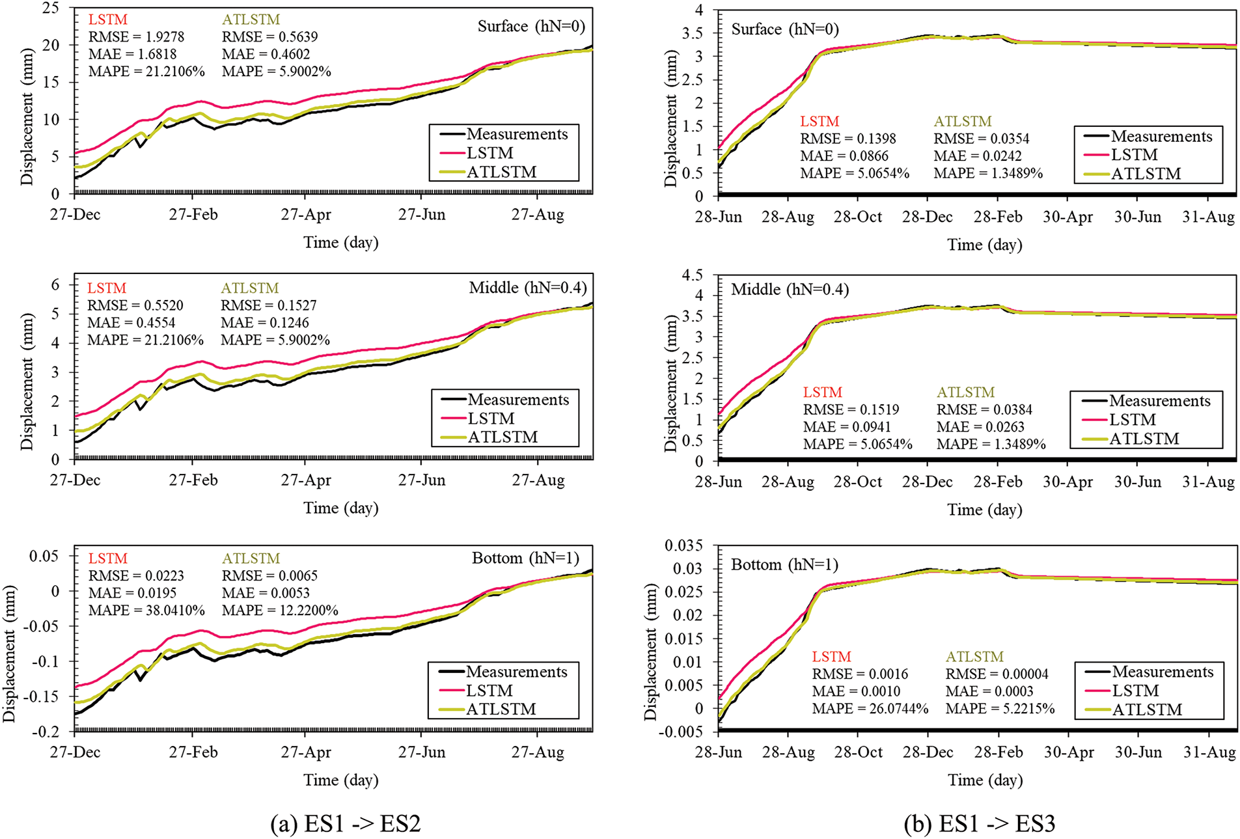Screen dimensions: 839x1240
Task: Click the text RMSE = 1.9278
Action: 136,37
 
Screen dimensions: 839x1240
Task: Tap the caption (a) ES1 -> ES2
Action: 346,823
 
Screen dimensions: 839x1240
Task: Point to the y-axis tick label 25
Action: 51,8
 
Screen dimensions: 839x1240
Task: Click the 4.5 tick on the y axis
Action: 692,275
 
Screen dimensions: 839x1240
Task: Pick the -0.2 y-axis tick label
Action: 46,732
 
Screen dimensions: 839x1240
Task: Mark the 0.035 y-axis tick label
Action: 684,545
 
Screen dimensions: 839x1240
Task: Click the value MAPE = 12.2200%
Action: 280,611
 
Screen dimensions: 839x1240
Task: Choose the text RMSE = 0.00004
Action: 997,674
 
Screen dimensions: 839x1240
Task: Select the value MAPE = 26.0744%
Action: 870,709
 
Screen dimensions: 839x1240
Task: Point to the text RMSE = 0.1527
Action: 265,305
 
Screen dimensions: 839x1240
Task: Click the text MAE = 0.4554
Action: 131,323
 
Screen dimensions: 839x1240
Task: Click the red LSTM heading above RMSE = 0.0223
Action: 108,558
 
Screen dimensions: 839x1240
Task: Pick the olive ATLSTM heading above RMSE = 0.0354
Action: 963,122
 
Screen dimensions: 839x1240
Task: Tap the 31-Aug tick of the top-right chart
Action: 1208,217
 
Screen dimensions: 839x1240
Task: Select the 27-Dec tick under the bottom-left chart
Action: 75,752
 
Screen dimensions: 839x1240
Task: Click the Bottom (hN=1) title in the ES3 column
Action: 784,564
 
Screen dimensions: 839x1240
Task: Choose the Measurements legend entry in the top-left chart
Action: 517,134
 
